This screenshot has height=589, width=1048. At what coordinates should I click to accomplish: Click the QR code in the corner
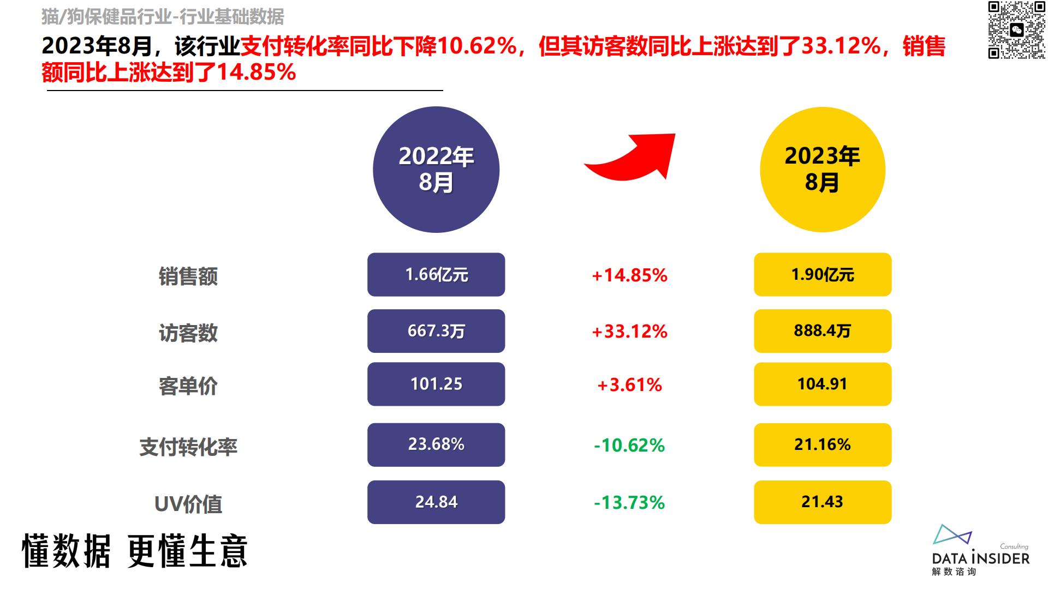tap(1017, 29)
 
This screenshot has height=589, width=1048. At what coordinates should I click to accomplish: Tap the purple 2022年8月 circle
tap(436, 170)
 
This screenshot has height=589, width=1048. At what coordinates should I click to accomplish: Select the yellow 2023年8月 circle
tap(822, 170)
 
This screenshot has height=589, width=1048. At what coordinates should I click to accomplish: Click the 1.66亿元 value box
tap(436, 274)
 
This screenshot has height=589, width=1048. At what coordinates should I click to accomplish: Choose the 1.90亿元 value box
tap(823, 274)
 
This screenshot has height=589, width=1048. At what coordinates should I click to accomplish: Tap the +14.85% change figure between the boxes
tap(629, 275)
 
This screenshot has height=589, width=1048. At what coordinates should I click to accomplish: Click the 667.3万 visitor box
tap(436, 331)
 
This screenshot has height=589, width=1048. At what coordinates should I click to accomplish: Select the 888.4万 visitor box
tap(823, 331)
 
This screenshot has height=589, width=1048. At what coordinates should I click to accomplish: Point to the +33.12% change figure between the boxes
tap(629, 332)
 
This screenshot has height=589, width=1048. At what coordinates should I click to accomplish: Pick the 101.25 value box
tap(436, 384)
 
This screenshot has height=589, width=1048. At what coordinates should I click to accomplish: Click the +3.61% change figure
tap(629, 385)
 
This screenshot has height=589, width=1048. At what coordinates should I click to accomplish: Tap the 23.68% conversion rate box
tap(436, 444)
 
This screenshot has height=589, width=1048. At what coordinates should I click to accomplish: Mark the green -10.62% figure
tap(629, 446)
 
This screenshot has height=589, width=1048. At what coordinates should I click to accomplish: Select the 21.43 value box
tap(823, 502)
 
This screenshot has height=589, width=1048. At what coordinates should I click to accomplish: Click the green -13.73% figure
tap(629, 502)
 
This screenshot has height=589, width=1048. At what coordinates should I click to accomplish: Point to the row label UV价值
tap(188, 504)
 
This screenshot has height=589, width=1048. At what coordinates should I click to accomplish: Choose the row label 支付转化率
tap(188, 447)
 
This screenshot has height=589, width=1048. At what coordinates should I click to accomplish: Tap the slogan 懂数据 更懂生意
tap(135, 551)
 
